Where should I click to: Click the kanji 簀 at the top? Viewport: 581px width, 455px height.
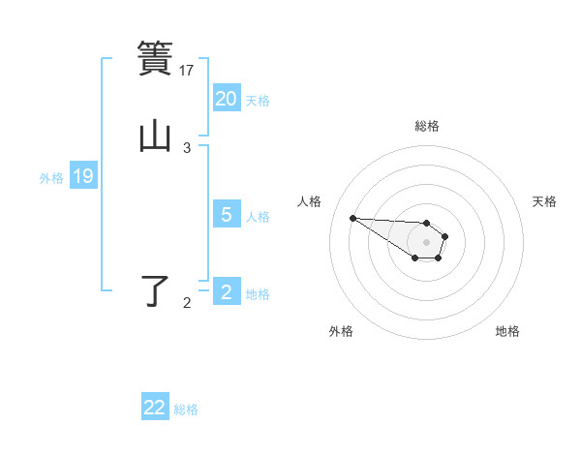[x=155, y=59]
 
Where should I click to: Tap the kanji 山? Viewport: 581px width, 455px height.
[x=155, y=136]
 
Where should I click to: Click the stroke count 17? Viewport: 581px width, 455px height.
[x=187, y=70]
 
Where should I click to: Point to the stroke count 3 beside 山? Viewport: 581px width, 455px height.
[x=187, y=148]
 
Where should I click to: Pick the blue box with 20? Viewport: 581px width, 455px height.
[x=227, y=99]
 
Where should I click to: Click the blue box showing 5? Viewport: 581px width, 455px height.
[x=227, y=215]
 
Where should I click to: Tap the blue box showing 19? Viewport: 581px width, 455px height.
[x=83, y=177]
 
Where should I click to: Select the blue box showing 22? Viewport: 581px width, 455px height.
[x=155, y=408]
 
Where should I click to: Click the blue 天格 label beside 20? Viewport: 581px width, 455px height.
[x=258, y=101]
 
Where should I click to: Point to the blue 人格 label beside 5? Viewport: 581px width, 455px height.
[x=258, y=217]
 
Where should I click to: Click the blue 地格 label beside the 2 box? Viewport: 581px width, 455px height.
[x=258, y=294]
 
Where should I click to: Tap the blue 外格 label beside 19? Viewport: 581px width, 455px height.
[x=51, y=178]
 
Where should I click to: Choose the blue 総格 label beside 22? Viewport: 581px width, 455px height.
[x=186, y=409]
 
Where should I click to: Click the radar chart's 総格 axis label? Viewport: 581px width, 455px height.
[x=426, y=126]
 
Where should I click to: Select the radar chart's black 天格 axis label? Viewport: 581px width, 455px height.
[x=544, y=201]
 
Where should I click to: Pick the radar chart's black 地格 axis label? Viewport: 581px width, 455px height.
[x=507, y=331]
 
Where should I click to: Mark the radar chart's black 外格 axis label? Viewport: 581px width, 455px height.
[x=341, y=331]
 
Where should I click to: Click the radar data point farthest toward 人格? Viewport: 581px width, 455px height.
[x=352, y=218]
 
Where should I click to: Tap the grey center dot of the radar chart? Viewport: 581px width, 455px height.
[x=426, y=241]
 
